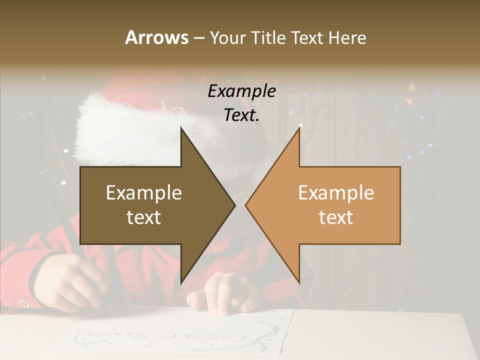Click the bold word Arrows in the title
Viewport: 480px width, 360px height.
(x=156, y=37)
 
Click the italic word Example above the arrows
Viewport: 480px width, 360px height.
(x=241, y=91)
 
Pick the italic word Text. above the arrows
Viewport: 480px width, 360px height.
(x=241, y=115)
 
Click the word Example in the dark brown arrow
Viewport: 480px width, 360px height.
(x=144, y=193)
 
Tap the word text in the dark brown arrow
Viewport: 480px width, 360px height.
(x=144, y=217)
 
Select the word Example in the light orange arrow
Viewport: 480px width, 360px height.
(x=336, y=193)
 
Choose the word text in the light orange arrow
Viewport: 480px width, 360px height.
(x=336, y=217)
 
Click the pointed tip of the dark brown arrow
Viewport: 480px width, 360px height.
(x=234, y=205)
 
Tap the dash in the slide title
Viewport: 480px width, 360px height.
(x=198, y=38)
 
